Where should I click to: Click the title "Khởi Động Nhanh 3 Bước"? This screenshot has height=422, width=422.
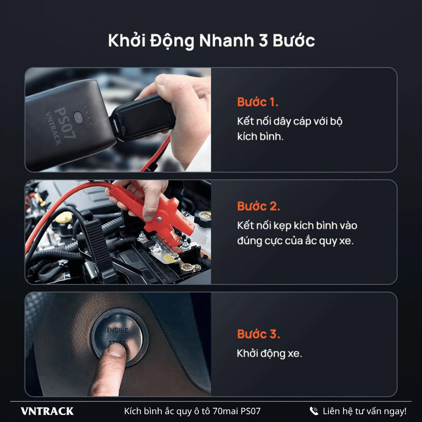coord(211,41)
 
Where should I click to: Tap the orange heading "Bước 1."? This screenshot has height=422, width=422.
coord(257,102)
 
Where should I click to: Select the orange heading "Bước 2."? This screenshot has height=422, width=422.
coord(258,206)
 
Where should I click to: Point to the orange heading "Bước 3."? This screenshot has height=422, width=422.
coord(258,334)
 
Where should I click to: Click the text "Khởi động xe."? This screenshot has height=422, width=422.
coord(269,353)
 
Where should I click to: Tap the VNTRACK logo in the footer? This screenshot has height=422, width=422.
coord(47,411)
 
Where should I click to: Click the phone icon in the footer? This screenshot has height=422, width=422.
coord(314,411)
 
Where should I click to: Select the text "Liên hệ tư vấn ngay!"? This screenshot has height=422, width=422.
coord(365,411)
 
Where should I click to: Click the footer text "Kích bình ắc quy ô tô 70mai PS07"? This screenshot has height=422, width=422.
coord(192,411)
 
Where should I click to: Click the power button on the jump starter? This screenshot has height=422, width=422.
coord(78,118)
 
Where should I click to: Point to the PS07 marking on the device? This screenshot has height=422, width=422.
coord(65,122)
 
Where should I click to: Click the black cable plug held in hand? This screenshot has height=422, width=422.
coord(143,118)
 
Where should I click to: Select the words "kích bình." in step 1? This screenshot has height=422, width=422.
coord(260,136)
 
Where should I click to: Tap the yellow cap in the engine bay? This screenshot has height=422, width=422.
coord(64,217)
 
